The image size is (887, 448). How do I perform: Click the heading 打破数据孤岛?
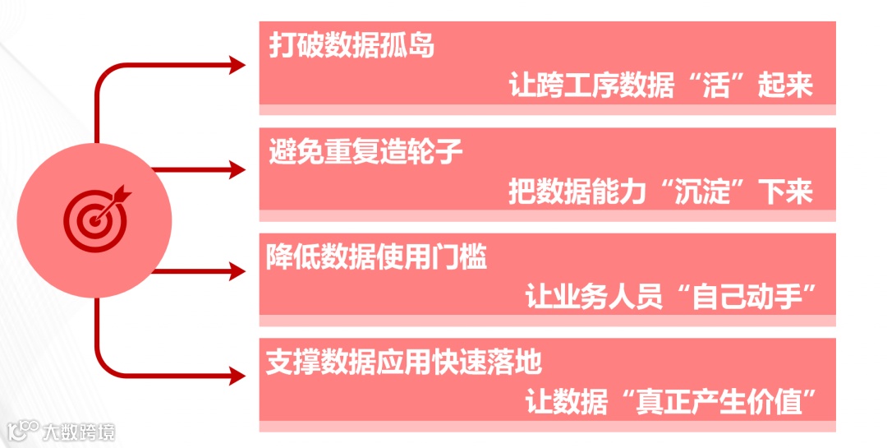tap(352, 46)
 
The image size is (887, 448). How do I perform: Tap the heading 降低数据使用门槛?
tap(376, 258)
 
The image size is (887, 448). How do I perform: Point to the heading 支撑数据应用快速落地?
tap(404, 363)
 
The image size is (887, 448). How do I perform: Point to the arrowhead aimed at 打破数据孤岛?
tap(237, 65)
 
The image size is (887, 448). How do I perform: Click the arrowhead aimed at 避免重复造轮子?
tap(237, 170)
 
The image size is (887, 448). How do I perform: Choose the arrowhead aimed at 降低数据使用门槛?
tap(237, 271)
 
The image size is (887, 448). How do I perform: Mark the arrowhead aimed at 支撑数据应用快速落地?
tap(237, 376)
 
